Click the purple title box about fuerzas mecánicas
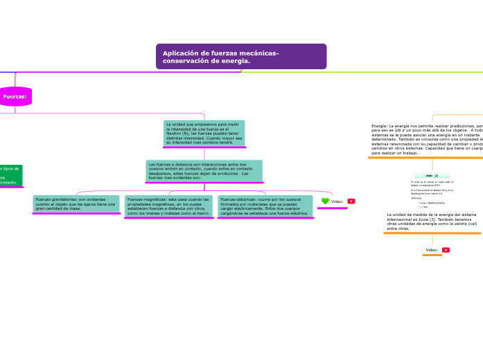(x=240, y=57)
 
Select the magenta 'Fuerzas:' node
(x=15, y=97)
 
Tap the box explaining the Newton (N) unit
(x=204, y=133)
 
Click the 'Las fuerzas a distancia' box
(x=204, y=170)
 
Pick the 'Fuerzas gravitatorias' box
(x=76, y=204)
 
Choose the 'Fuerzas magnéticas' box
(x=168, y=206)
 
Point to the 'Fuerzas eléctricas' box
(x=265, y=206)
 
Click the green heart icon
(x=325, y=201)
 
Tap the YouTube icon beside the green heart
(x=351, y=201)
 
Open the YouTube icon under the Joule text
(x=446, y=250)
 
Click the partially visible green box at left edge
(x=10, y=174)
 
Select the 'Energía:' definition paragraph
(x=427, y=139)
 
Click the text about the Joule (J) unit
(x=432, y=222)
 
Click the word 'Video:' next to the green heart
(x=337, y=201)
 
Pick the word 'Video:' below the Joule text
(x=432, y=250)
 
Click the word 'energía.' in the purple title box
(x=237, y=61)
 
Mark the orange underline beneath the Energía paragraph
(x=425, y=158)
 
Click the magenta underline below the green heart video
(x=332, y=208)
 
